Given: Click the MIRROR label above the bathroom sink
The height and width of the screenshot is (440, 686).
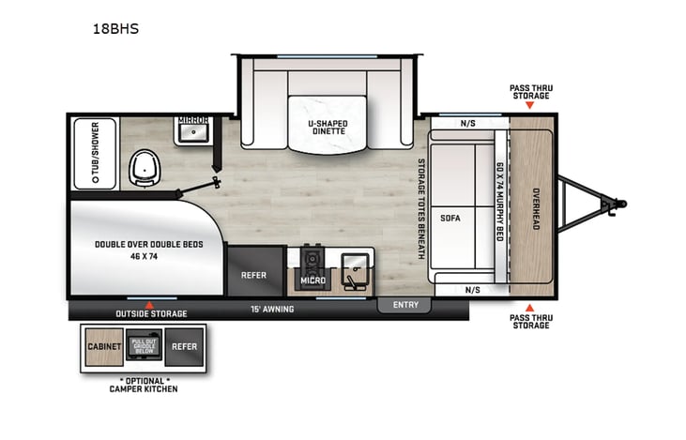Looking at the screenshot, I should click(192, 121).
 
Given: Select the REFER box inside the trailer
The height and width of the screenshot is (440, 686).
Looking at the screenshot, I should click(255, 276).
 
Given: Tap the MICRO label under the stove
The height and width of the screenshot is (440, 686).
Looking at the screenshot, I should click(312, 280).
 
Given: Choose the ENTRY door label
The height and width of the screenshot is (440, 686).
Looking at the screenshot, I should click(404, 305).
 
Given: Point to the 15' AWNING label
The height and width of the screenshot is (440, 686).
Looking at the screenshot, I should click(271, 309).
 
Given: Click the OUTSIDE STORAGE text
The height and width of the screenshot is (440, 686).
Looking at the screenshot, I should click(150, 313).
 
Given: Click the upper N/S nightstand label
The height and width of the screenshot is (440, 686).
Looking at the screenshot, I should click(467, 123).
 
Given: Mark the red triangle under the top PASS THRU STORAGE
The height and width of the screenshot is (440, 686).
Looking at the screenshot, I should click(530, 105).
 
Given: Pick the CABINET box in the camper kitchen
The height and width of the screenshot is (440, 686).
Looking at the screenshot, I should click(104, 346).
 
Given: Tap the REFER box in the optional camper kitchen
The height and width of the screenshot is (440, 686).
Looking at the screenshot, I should click(184, 346).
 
